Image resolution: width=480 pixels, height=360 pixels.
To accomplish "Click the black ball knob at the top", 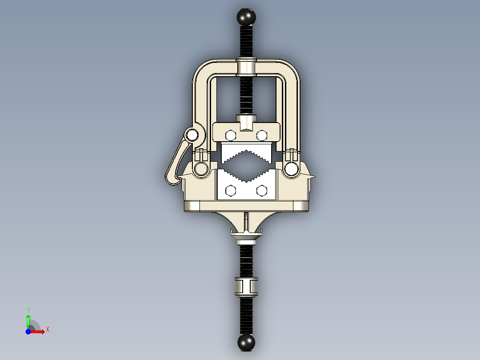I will click(246, 17).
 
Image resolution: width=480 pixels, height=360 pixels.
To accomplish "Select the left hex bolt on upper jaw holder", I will click(231, 135).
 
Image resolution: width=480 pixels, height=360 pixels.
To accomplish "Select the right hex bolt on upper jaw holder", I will click(262, 135).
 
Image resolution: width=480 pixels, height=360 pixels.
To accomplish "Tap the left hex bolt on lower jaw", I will click(231, 191).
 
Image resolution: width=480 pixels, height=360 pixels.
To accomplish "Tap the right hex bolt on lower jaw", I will click(262, 191).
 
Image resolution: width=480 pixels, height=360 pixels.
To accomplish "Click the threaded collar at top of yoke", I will click(246, 67).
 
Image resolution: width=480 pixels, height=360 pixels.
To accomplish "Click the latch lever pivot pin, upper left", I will click(192, 134).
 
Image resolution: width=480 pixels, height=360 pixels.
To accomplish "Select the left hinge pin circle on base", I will click(200, 169).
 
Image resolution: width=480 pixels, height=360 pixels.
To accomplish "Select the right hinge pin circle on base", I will click(292, 169).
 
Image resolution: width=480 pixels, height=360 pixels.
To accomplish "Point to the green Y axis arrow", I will click(28, 319).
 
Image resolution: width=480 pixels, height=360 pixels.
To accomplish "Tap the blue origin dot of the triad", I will click(28, 331).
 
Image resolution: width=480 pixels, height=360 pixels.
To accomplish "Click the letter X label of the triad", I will click(47, 329).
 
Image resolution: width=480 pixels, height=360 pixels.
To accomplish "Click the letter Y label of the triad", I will click(28, 310).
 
